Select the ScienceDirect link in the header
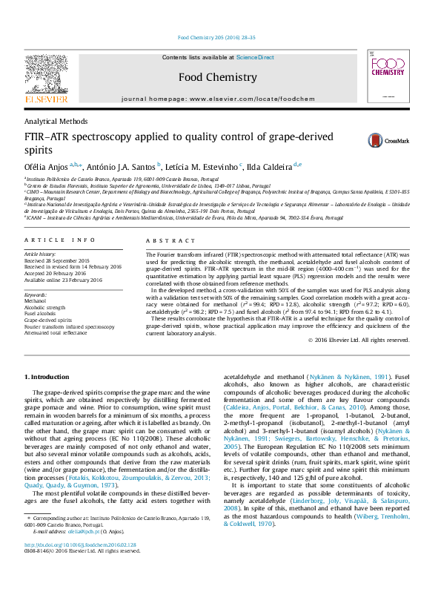tap(255, 57)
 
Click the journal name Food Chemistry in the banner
tap(218, 76)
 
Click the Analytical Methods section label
tap(56, 121)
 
